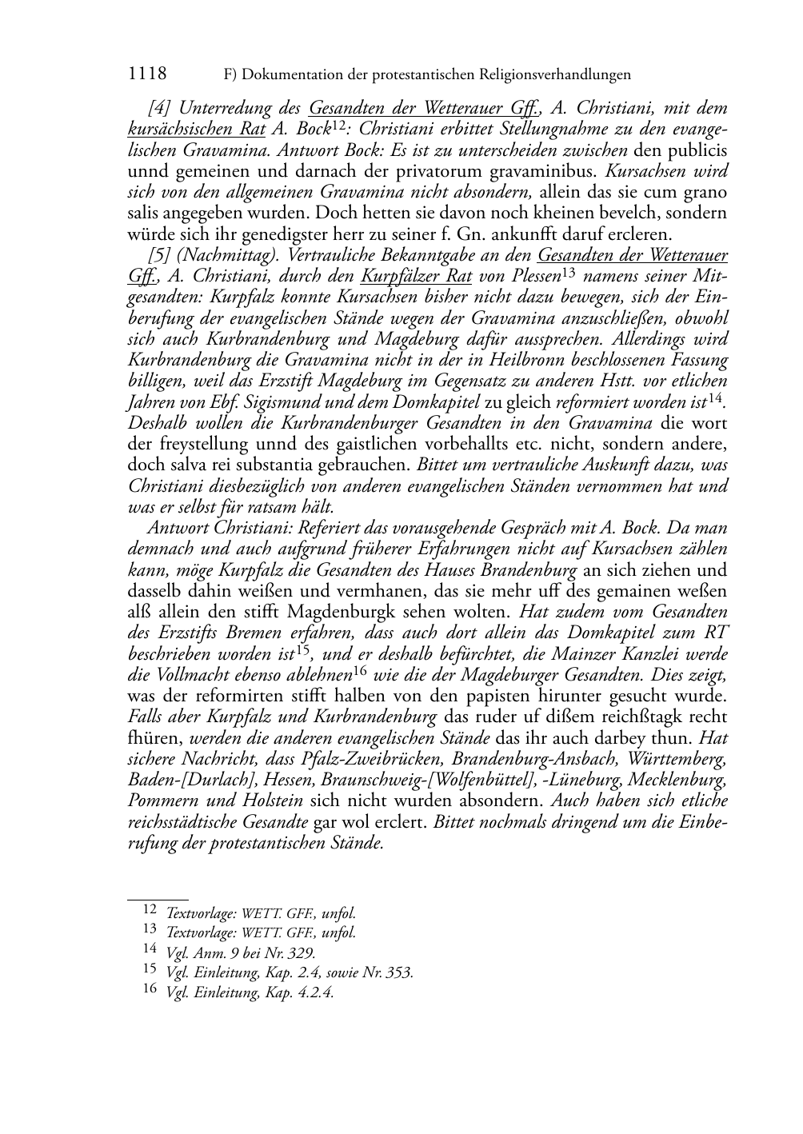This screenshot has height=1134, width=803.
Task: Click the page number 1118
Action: point(147,74)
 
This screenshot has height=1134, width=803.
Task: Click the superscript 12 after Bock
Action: point(338,125)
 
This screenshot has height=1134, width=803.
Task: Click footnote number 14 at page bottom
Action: point(150,950)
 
